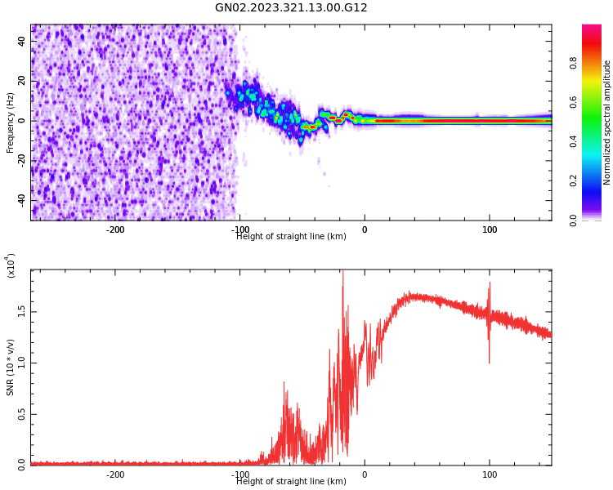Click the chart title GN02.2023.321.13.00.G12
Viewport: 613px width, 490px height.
coord(291,8)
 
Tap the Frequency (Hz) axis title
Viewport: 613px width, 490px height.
coord(11,122)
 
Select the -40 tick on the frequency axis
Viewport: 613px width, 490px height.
coord(21,200)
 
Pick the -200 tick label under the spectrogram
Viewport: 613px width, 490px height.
coord(115,229)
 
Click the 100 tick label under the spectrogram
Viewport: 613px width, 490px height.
coord(490,229)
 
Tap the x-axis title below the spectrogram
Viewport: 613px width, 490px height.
coord(291,237)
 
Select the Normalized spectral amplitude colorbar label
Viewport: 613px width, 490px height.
coord(607,122)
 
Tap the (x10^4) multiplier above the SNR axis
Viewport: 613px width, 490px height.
coord(11,265)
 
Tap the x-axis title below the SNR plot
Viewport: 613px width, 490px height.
coord(291,482)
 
